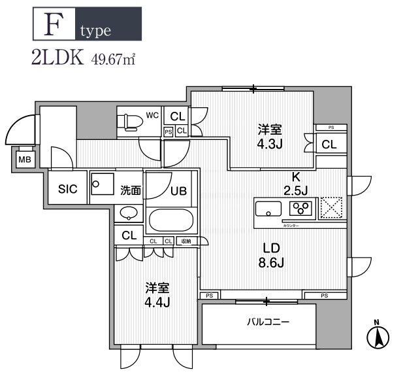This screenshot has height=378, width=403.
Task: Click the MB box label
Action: [x=24, y=160]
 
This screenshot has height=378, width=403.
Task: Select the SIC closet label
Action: [x=68, y=190]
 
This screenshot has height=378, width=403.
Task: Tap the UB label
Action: [x=178, y=192]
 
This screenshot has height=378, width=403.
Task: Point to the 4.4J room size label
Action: [x=157, y=301]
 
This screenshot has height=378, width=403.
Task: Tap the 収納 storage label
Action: [x=187, y=241]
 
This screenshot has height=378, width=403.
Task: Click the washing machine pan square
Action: [x=102, y=185]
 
